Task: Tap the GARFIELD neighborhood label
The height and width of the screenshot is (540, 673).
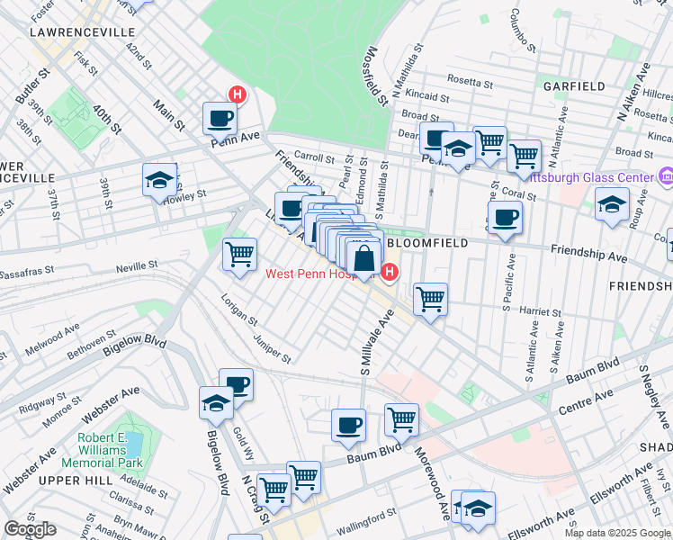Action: pyautogui.click(x=573, y=86)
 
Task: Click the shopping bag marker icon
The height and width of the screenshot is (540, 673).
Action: pyautogui.click(x=363, y=260)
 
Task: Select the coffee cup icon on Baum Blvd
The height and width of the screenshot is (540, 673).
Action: pyautogui.click(x=348, y=425)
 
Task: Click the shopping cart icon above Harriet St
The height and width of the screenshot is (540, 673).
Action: pyautogui.click(x=431, y=298)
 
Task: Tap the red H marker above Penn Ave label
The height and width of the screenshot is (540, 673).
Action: pyautogui.click(x=238, y=94)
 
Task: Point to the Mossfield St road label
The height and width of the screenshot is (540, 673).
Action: pyautogui.click(x=375, y=75)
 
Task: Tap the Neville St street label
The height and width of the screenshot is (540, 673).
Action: pyautogui.click(x=138, y=267)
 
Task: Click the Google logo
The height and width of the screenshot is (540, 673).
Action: pyautogui.click(x=31, y=529)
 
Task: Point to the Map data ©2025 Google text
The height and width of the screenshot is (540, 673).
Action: pyautogui.click(x=616, y=533)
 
